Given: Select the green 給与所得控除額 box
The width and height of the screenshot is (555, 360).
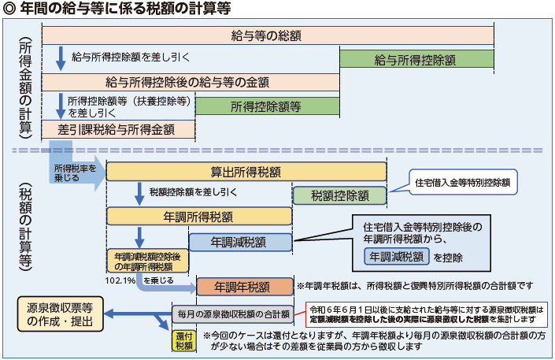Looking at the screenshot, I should pyautogui.click(x=416, y=59).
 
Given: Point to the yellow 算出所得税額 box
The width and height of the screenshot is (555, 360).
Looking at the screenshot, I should pyautogui.click(x=246, y=172).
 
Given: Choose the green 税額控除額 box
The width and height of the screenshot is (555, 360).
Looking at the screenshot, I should pyautogui.click(x=339, y=195).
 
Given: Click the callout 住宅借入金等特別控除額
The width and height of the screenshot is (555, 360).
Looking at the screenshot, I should pyautogui.click(x=462, y=183).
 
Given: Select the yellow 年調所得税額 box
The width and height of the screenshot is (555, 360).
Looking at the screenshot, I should pyautogui.click(x=199, y=217).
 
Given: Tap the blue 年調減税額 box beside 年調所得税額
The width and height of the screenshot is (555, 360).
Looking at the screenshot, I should pyautogui.click(x=239, y=241).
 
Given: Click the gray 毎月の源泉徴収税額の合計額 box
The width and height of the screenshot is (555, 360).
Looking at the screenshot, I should pyautogui.click(x=233, y=314).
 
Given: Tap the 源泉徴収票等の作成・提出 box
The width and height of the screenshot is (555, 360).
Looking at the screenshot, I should pyautogui.click(x=60, y=314).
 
